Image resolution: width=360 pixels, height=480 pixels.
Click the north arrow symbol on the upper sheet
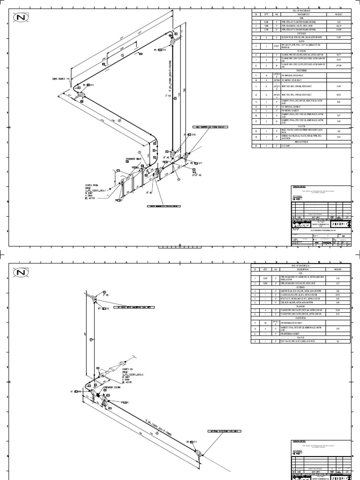[x=20, y=18]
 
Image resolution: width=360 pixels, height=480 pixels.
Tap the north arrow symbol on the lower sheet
[x=20, y=272]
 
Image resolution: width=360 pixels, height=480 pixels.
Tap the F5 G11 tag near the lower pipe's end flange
[x=193, y=442]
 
